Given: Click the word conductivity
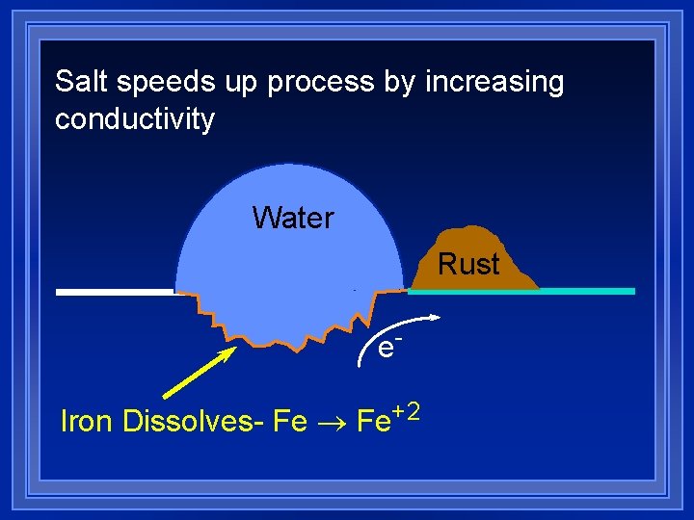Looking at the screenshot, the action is pyautogui.click(x=135, y=120).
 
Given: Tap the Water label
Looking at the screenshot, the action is pyautogui.click(x=293, y=218).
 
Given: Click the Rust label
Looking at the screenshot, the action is pyautogui.click(x=469, y=264).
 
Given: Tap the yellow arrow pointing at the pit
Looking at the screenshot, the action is pyautogui.click(x=200, y=372).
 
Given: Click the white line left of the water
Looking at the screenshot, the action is pyautogui.click(x=114, y=291).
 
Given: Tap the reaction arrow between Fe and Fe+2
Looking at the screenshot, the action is pyautogui.click(x=333, y=423).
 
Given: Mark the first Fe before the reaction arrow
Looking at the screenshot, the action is pyautogui.click(x=290, y=422).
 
